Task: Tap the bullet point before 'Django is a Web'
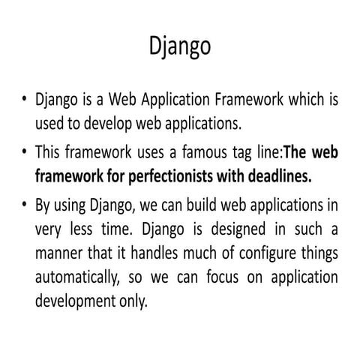(25, 100)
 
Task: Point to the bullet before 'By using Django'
(25, 204)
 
